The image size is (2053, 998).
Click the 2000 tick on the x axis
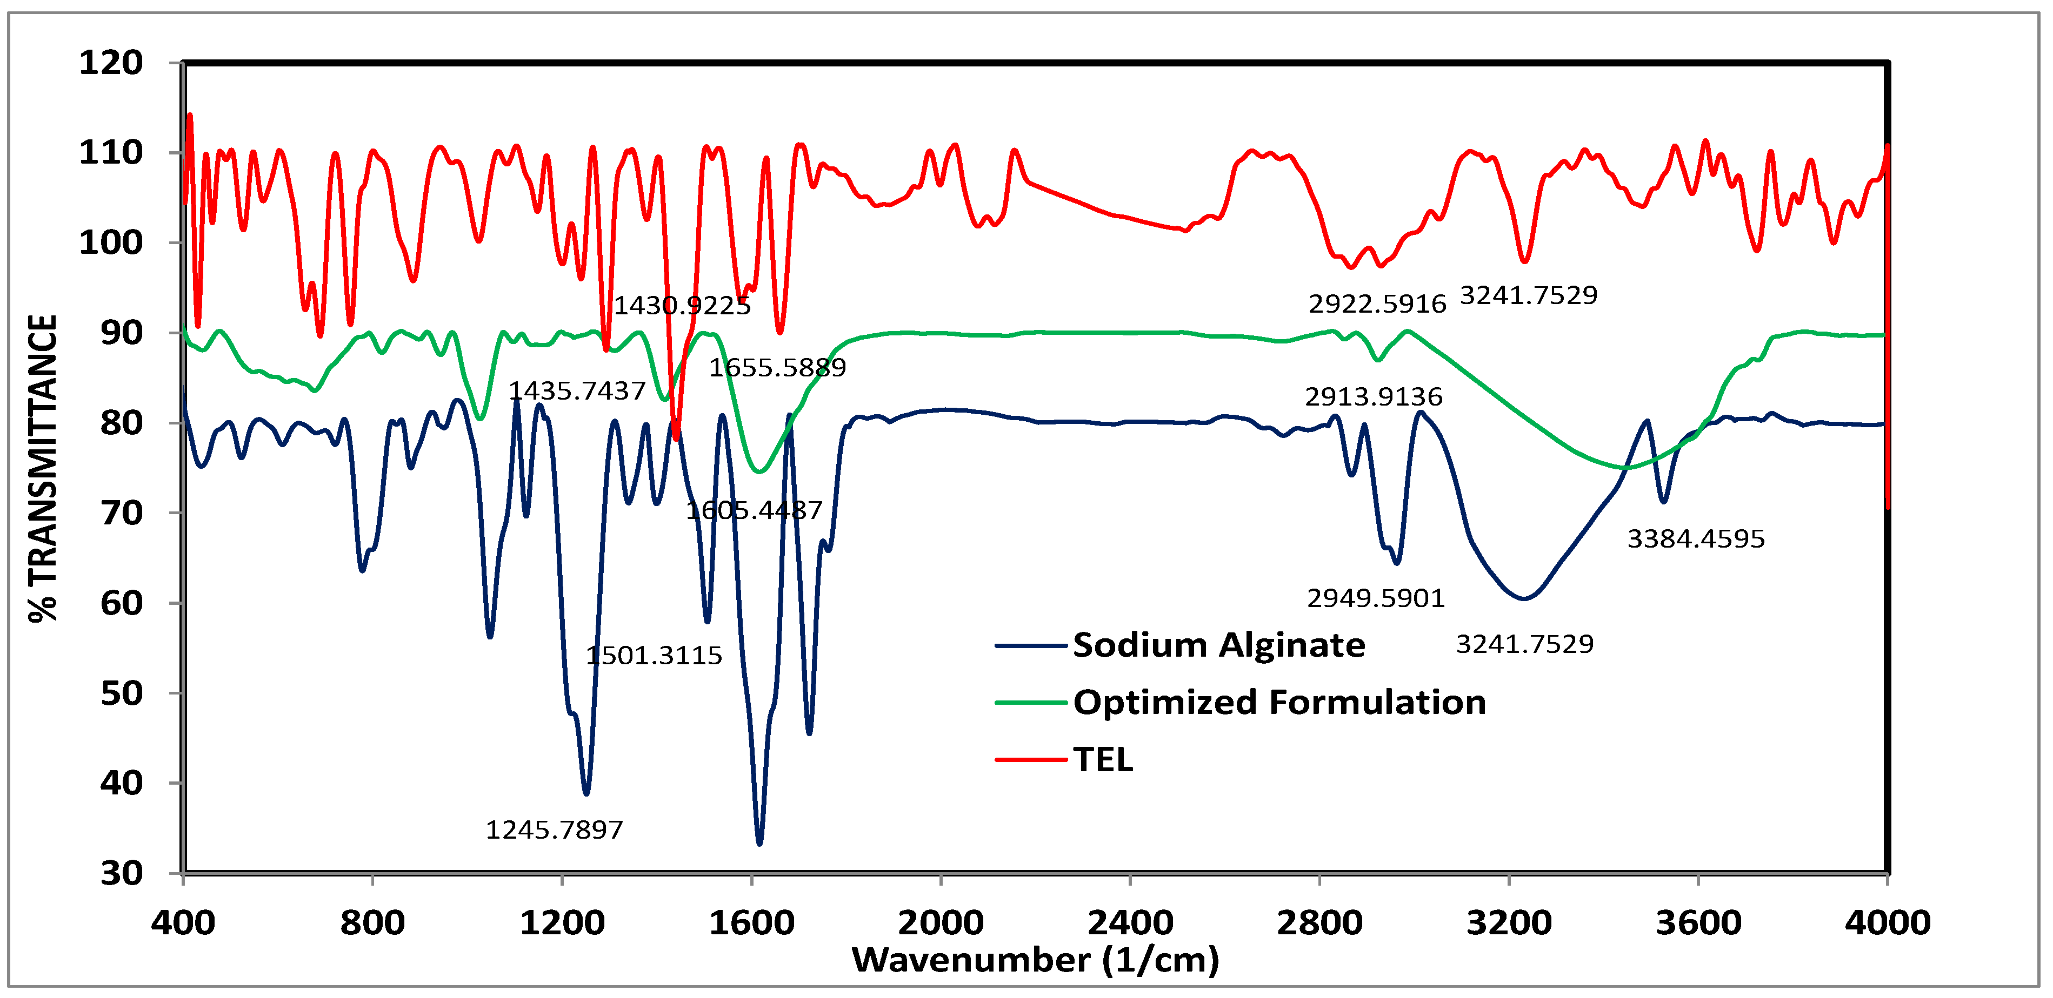tap(941, 923)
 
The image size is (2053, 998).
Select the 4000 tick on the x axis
tap(1887, 923)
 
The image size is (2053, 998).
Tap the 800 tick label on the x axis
tap(372, 923)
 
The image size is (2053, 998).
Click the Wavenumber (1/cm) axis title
tap(1035, 960)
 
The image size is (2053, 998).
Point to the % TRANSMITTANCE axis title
tap(43, 468)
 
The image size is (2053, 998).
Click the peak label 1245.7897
tap(554, 830)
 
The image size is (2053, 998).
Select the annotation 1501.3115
tap(654, 656)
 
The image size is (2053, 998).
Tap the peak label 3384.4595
tap(1695, 539)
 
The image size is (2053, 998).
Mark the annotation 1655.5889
tap(777, 367)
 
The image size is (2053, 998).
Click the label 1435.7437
tap(576, 390)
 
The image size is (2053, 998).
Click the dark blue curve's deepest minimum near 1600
tap(759, 842)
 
